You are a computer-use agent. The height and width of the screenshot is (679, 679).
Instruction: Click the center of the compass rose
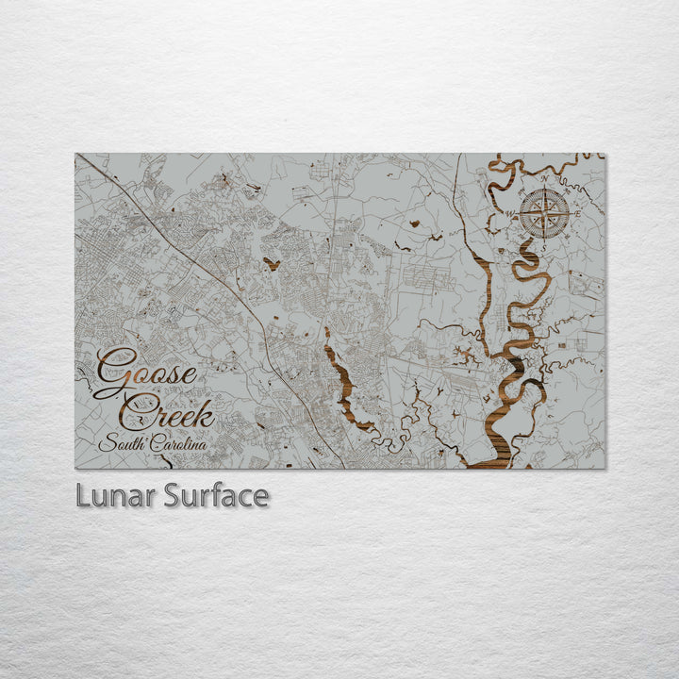(543, 214)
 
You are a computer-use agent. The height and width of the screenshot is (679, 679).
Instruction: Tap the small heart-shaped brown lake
(272, 264)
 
